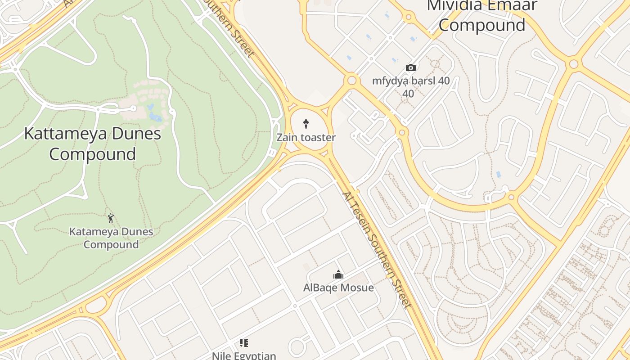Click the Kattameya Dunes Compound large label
click(x=92, y=144)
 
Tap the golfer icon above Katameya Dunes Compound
click(x=111, y=219)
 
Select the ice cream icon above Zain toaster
click(x=306, y=124)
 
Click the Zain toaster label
click(x=306, y=137)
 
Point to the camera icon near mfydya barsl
click(x=411, y=68)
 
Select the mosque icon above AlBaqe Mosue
click(x=338, y=274)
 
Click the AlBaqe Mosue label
click(x=338, y=288)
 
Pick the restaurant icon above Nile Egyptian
click(x=244, y=343)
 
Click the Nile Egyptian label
click(x=244, y=355)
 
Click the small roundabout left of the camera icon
click(x=352, y=81)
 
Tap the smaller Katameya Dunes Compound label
click(x=111, y=238)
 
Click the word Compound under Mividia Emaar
click(x=482, y=25)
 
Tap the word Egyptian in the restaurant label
click(x=256, y=355)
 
